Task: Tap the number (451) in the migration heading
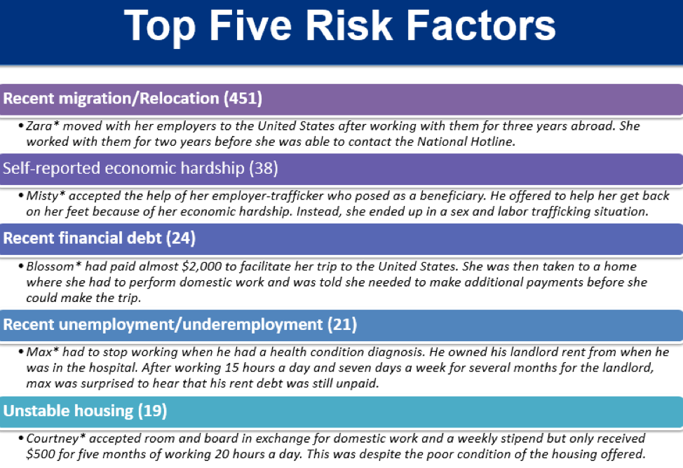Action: pyautogui.click(x=243, y=98)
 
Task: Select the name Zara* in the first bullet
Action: pyautogui.click(x=43, y=126)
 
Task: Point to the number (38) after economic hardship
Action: pyautogui.click(x=264, y=168)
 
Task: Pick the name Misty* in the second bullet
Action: pyautogui.click(x=46, y=195)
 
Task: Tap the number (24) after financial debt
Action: pyautogui.click(x=181, y=238)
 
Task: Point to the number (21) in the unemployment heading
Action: pyautogui.click(x=342, y=324)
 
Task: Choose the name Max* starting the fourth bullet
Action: pyautogui.click(x=43, y=352)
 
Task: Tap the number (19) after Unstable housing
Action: pyautogui.click(x=152, y=411)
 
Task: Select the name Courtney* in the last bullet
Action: pyautogui.click(x=56, y=439)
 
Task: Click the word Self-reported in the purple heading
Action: pyautogui.click(x=52, y=168)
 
